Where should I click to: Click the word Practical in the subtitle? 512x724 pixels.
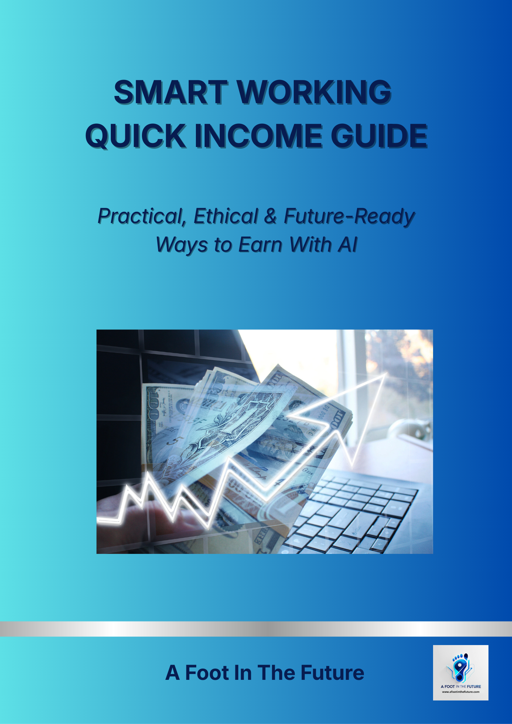click(141, 216)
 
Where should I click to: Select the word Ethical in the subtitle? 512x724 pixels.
click(225, 216)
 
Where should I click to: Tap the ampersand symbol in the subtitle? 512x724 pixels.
click(270, 216)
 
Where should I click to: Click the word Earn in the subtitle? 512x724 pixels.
click(260, 245)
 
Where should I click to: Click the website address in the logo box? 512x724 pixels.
click(461, 692)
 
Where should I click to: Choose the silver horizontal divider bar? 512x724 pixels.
click(256, 629)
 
